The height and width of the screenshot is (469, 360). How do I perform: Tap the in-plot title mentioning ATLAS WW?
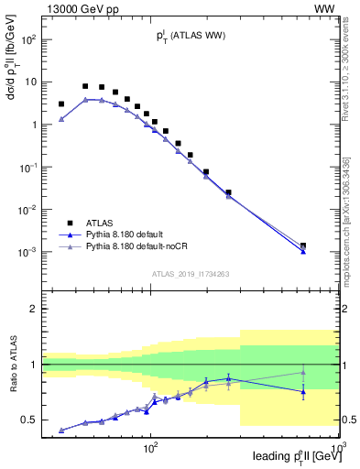tap(191, 37)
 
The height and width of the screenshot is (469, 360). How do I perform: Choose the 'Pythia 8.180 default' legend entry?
tap(115, 234)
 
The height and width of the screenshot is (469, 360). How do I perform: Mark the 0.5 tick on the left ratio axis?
tap(27, 420)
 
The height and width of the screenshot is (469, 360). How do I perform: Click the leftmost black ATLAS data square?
tap(61, 104)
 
